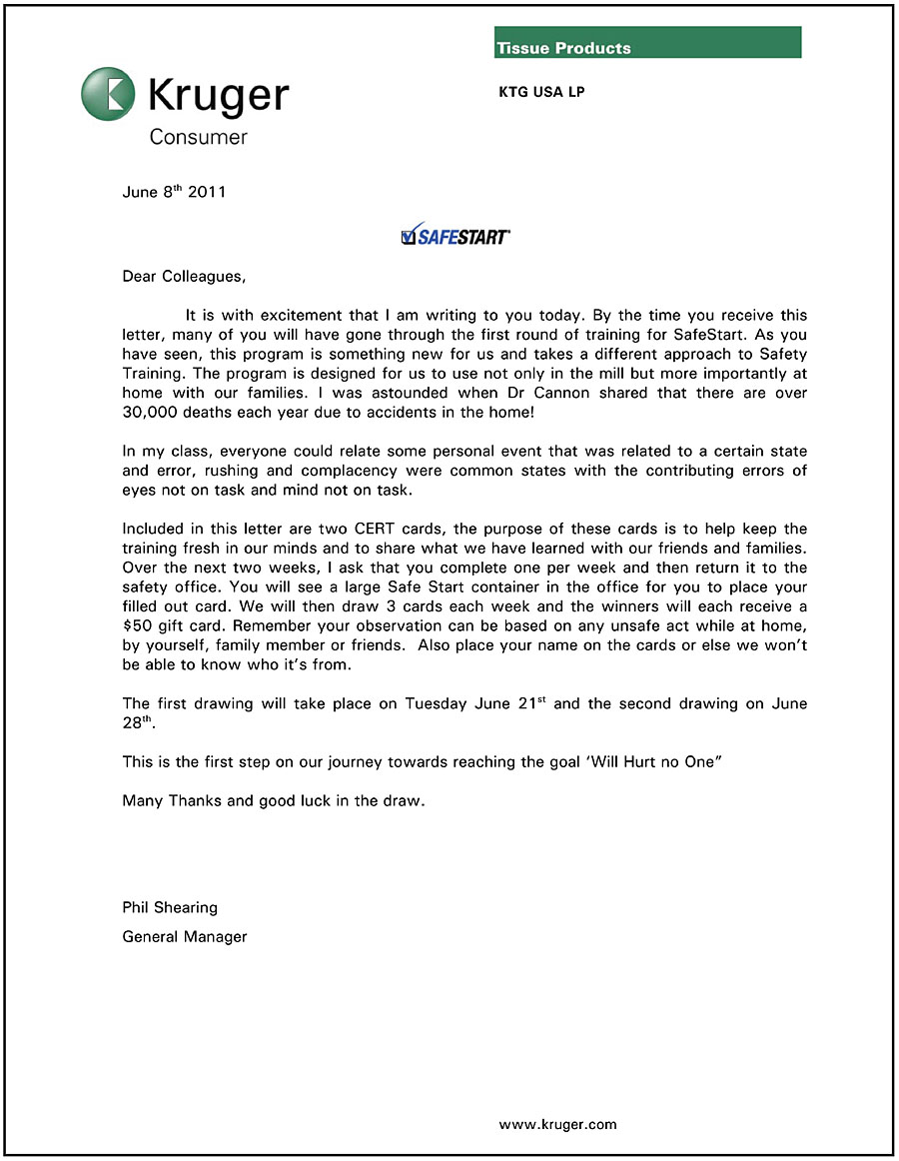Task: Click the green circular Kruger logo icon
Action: tap(108, 94)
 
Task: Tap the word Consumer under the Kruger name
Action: tap(198, 137)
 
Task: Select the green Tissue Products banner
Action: tap(647, 42)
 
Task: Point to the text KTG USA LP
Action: tap(541, 92)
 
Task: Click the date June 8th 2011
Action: tap(173, 192)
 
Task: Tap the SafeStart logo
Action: tap(454, 237)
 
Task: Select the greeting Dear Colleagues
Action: tap(183, 276)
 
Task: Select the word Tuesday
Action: tap(441, 703)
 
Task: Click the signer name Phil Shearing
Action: tap(170, 908)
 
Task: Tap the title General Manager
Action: tap(184, 937)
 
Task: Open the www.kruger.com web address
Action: tap(557, 1124)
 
